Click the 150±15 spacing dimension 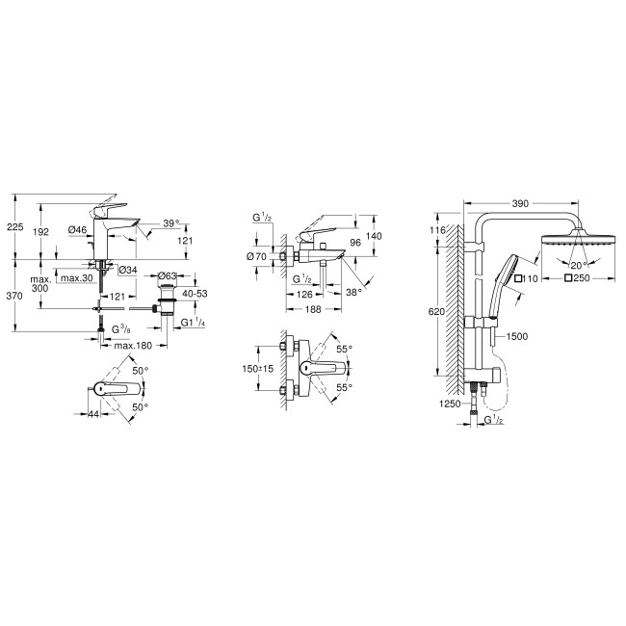tap(257, 369)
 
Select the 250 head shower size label tap(579, 279)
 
